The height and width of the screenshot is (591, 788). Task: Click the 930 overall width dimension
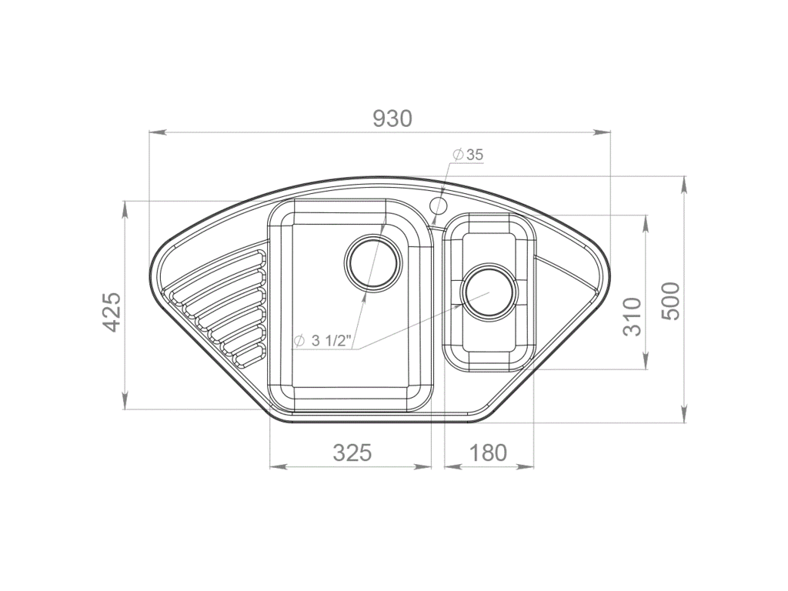click(392, 119)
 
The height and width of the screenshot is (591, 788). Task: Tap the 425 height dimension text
click(112, 312)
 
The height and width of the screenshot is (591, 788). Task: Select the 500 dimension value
click(671, 301)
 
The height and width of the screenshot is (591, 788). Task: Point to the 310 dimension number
click(632, 316)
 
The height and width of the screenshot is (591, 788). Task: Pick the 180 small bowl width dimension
click(488, 452)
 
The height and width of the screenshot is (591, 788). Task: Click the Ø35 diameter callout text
click(469, 155)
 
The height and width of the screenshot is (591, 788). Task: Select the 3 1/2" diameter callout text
click(322, 340)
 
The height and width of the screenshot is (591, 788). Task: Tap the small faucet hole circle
click(439, 205)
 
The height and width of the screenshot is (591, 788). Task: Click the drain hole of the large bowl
click(373, 262)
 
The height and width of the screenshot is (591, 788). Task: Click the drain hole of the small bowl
click(488, 292)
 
